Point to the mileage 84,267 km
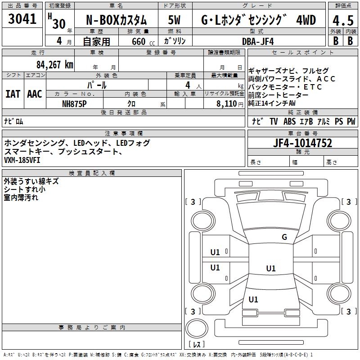[54, 64]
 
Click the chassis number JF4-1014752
[303, 144]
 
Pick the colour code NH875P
[75, 103]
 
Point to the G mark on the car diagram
[284, 237]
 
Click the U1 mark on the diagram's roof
[270, 269]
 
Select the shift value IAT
[13, 94]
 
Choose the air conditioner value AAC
[35, 94]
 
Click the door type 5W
[175, 21]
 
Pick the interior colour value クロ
[131, 103]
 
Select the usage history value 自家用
[96, 41]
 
